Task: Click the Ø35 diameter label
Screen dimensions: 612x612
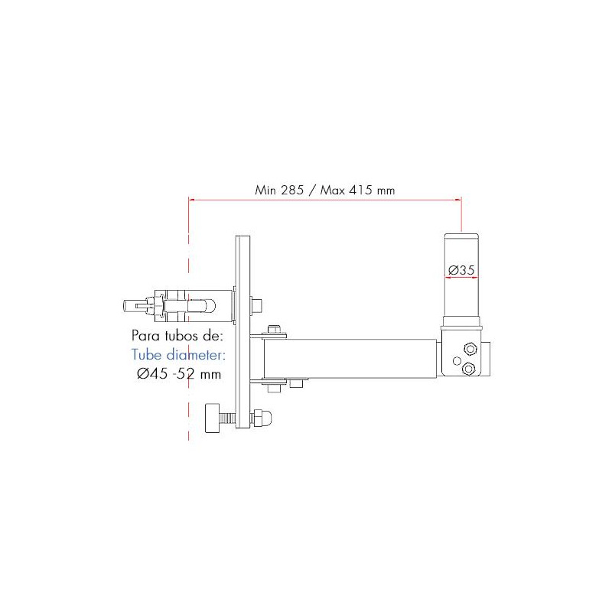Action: [461, 270]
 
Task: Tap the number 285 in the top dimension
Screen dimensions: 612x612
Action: [292, 190]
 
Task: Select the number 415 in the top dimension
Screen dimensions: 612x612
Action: [360, 190]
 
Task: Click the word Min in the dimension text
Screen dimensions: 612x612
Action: [265, 190]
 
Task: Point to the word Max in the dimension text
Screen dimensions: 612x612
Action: [333, 190]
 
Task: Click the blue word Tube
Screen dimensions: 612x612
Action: [146, 354]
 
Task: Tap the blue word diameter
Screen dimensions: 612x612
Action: [196, 354]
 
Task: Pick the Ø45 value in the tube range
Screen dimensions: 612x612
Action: [152, 373]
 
